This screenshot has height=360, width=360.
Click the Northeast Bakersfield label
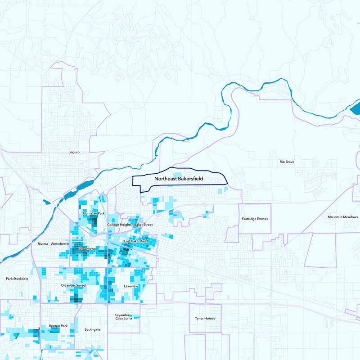click(x=179, y=179)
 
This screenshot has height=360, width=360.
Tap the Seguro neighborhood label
click(x=74, y=152)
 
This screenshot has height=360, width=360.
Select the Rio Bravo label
click(x=287, y=162)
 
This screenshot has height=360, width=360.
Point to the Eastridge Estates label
click(x=255, y=219)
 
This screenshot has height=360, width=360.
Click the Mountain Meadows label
click(x=343, y=217)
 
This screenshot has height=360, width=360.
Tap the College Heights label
click(x=119, y=225)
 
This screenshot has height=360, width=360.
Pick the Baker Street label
click(x=144, y=225)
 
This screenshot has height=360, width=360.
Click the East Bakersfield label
click(x=136, y=241)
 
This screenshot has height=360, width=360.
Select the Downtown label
click(x=87, y=248)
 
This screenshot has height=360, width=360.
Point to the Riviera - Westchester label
click(x=54, y=243)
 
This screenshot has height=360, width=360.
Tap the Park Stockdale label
click(x=17, y=279)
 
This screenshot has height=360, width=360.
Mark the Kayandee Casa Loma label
click(x=123, y=317)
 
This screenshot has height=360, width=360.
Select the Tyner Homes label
click(x=205, y=319)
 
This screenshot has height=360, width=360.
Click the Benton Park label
click(x=58, y=326)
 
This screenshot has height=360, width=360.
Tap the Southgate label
click(x=92, y=329)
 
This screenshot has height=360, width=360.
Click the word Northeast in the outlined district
click(x=165, y=179)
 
